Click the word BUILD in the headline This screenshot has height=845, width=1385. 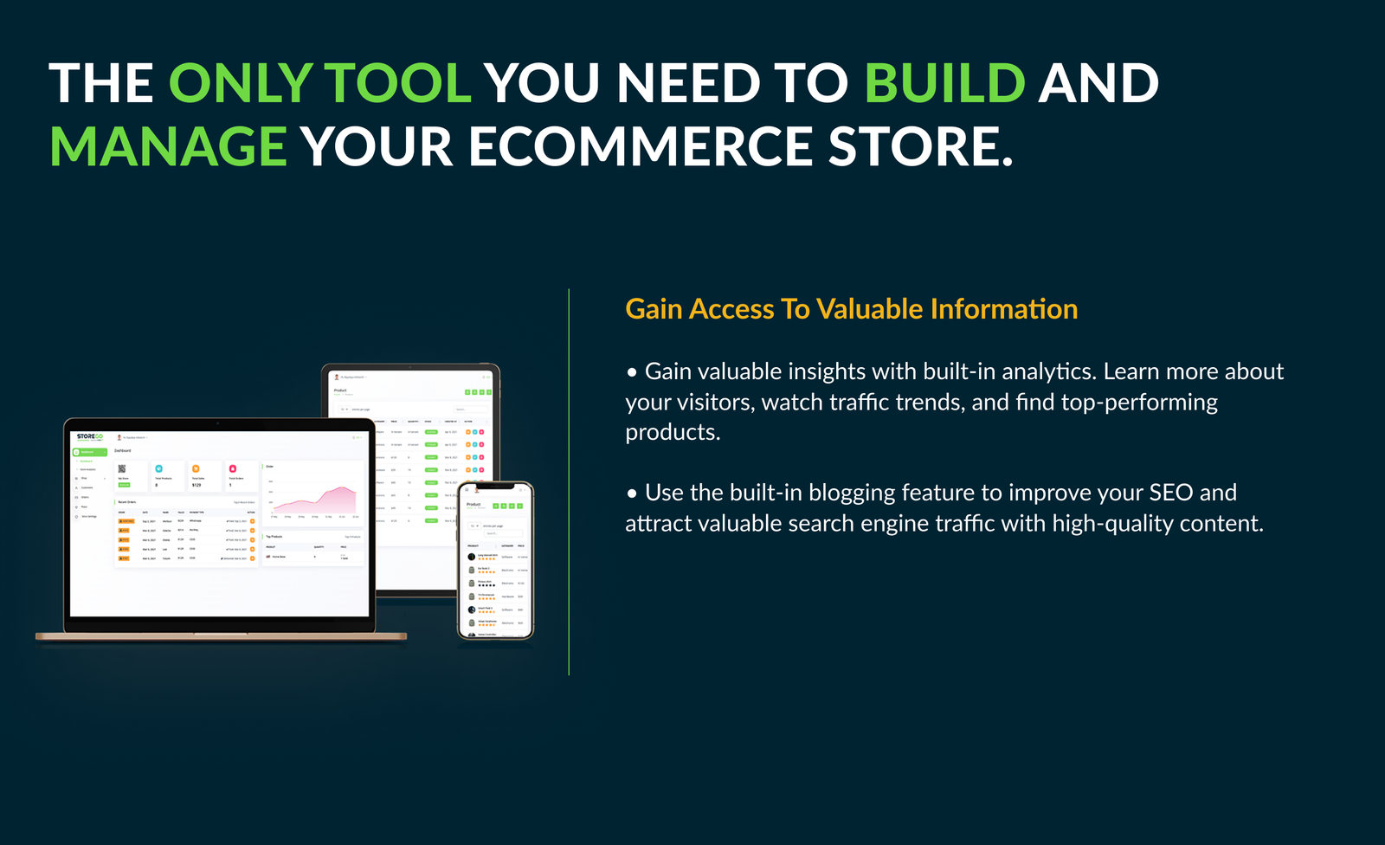click(944, 83)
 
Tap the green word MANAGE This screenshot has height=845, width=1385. click(168, 146)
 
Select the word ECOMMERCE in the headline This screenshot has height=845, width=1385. click(641, 146)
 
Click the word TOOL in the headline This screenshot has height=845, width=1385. click(397, 83)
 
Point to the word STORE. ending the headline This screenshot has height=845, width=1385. click(920, 146)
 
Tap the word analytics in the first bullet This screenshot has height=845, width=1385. click(1048, 371)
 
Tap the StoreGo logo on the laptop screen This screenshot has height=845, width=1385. click(89, 436)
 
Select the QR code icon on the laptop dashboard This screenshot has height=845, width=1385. click(122, 468)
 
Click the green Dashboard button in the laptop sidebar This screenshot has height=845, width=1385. click(89, 452)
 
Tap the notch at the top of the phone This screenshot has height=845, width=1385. click(494, 486)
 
